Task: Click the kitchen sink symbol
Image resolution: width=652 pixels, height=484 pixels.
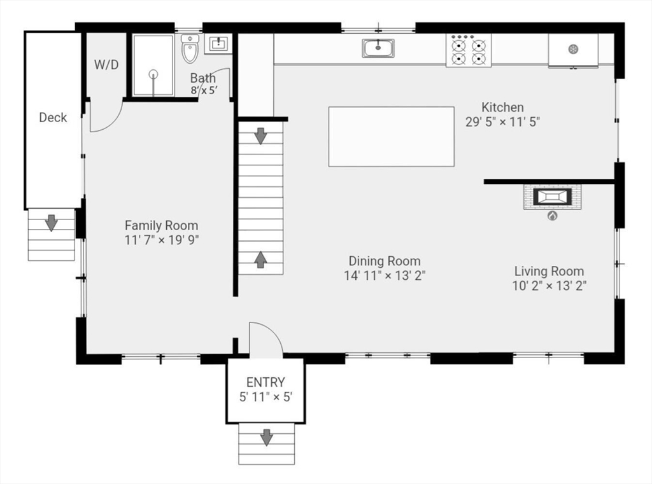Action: coord(378,48)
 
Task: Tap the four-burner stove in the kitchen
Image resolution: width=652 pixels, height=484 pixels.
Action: coord(469,51)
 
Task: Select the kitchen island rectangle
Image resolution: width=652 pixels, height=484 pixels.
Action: coord(391,137)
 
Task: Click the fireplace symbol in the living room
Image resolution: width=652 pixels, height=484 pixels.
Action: coord(552,197)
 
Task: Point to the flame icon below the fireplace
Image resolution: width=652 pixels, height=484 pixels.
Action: coord(552,216)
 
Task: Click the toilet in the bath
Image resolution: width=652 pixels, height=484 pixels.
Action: coord(190,49)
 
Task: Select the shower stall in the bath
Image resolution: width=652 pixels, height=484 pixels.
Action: coord(153,66)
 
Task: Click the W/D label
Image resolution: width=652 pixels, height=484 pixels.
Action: coord(106,65)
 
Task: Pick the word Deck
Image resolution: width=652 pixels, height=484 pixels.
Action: coord(53,117)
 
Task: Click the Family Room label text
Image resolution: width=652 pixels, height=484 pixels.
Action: coord(161,225)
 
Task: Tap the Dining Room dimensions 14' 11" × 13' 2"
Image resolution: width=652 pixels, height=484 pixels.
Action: coord(384,275)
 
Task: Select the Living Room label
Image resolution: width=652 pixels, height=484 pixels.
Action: coord(549,271)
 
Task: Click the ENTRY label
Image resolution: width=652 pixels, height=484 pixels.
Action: coord(266,382)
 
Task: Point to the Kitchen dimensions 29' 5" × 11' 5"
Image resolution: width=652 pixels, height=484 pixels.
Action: coord(502,122)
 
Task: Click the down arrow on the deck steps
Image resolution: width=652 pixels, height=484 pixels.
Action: coord(52,223)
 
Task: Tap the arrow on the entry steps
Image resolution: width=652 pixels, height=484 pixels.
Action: coord(266,437)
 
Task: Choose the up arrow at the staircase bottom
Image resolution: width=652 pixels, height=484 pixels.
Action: coord(260,259)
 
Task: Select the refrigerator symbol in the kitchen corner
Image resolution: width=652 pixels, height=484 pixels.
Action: coord(573,50)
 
